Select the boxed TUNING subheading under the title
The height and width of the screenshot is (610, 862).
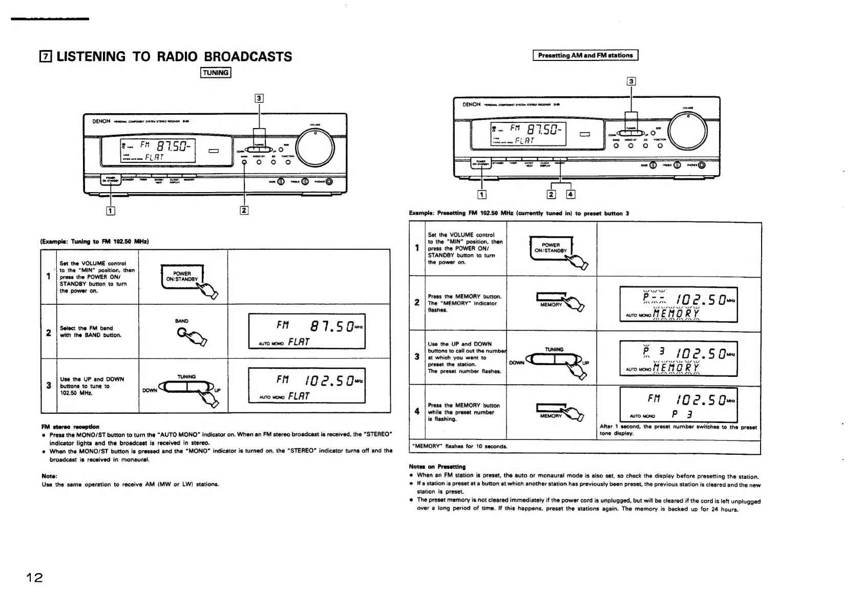(216, 73)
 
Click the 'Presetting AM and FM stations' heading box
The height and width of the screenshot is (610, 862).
(585, 55)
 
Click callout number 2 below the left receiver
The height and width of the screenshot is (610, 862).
(244, 210)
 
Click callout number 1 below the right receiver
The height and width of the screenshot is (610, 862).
(482, 194)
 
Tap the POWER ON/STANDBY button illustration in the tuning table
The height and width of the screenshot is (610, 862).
(183, 277)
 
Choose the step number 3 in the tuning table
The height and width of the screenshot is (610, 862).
(49, 385)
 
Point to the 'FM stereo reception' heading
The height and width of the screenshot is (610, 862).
(71, 426)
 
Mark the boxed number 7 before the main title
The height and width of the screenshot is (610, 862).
(46, 56)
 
